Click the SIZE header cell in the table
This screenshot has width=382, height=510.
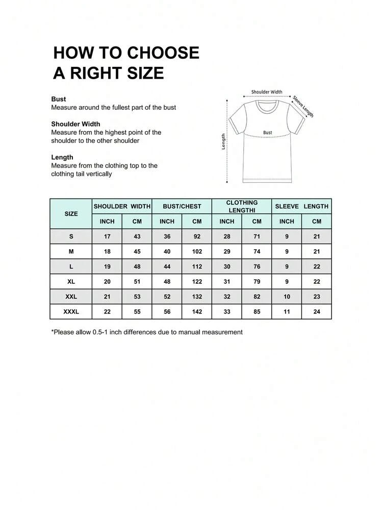[71, 213]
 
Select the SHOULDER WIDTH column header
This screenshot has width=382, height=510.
[122, 206]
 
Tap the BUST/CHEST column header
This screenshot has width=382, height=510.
[182, 206]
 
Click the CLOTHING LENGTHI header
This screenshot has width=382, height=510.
[242, 206]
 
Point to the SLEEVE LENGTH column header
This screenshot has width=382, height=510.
[301, 206]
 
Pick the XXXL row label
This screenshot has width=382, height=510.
[71, 311]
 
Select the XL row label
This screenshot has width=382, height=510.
[71, 281]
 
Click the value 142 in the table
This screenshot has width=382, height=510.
[197, 311]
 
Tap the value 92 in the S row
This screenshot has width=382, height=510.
[197, 236]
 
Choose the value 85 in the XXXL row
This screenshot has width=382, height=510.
[257, 311]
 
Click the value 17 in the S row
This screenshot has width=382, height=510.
[107, 236]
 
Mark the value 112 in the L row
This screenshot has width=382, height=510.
[197, 266]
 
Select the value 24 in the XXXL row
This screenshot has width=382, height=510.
[317, 311]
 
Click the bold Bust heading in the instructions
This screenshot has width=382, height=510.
[59, 99]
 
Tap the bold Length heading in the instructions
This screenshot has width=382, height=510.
[62, 157]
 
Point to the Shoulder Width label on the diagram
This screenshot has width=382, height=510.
[267, 92]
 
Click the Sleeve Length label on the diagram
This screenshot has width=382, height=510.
[303, 106]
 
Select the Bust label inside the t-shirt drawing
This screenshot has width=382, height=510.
[268, 132]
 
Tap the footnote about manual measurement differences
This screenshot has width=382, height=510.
[147, 332]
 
